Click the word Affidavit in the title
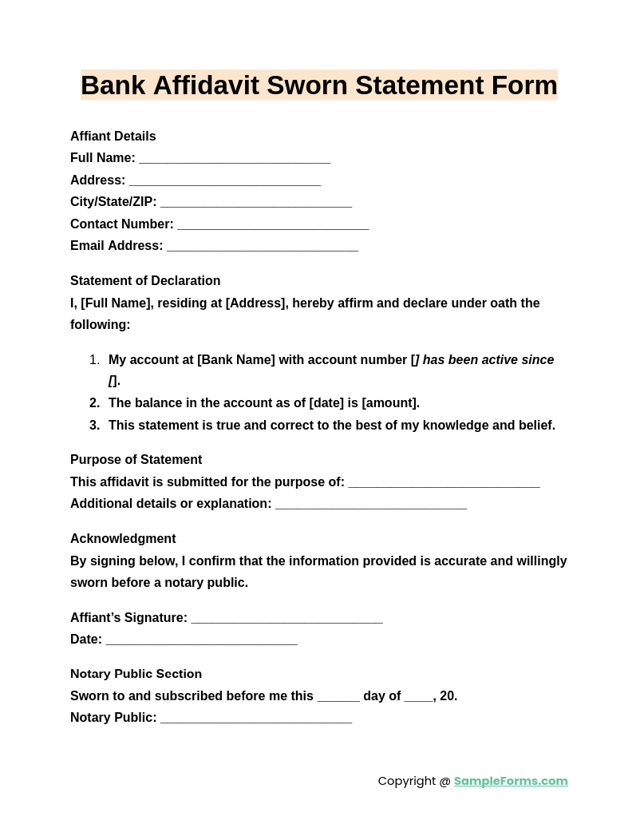point(206,85)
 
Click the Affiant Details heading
point(113,137)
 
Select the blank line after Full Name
point(235,159)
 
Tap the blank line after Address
point(224,181)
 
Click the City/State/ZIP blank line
point(255,203)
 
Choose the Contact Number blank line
point(272,225)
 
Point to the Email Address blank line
point(262,247)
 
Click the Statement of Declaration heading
point(145,281)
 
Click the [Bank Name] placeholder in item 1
point(236,360)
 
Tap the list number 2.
point(94,403)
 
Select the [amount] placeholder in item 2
point(389,403)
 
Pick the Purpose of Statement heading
point(136,460)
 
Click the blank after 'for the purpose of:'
point(444,483)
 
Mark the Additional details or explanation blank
point(370,505)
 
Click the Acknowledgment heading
point(123,539)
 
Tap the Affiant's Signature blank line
point(286,619)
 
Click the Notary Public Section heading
point(136,674)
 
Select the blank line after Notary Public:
point(255,719)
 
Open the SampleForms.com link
point(511,781)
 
